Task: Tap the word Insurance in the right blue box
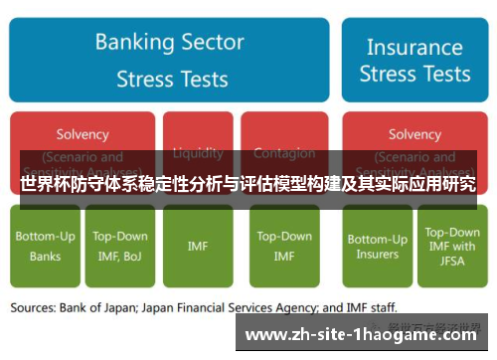pyautogui.click(x=414, y=47)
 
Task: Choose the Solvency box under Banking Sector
pyautogui.click(x=83, y=144)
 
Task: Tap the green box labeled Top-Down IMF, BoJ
pyautogui.click(x=119, y=247)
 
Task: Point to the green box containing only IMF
pyautogui.click(x=197, y=247)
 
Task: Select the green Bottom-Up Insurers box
pyautogui.click(x=377, y=247)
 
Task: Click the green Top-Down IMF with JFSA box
pyautogui.click(x=450, y=247)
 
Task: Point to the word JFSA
pyautogui.click(x=450, y=262)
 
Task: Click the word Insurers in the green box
pyautogui.click(x=377, y=255)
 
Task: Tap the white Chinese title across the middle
pyautogui.click(x=248, y=185)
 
